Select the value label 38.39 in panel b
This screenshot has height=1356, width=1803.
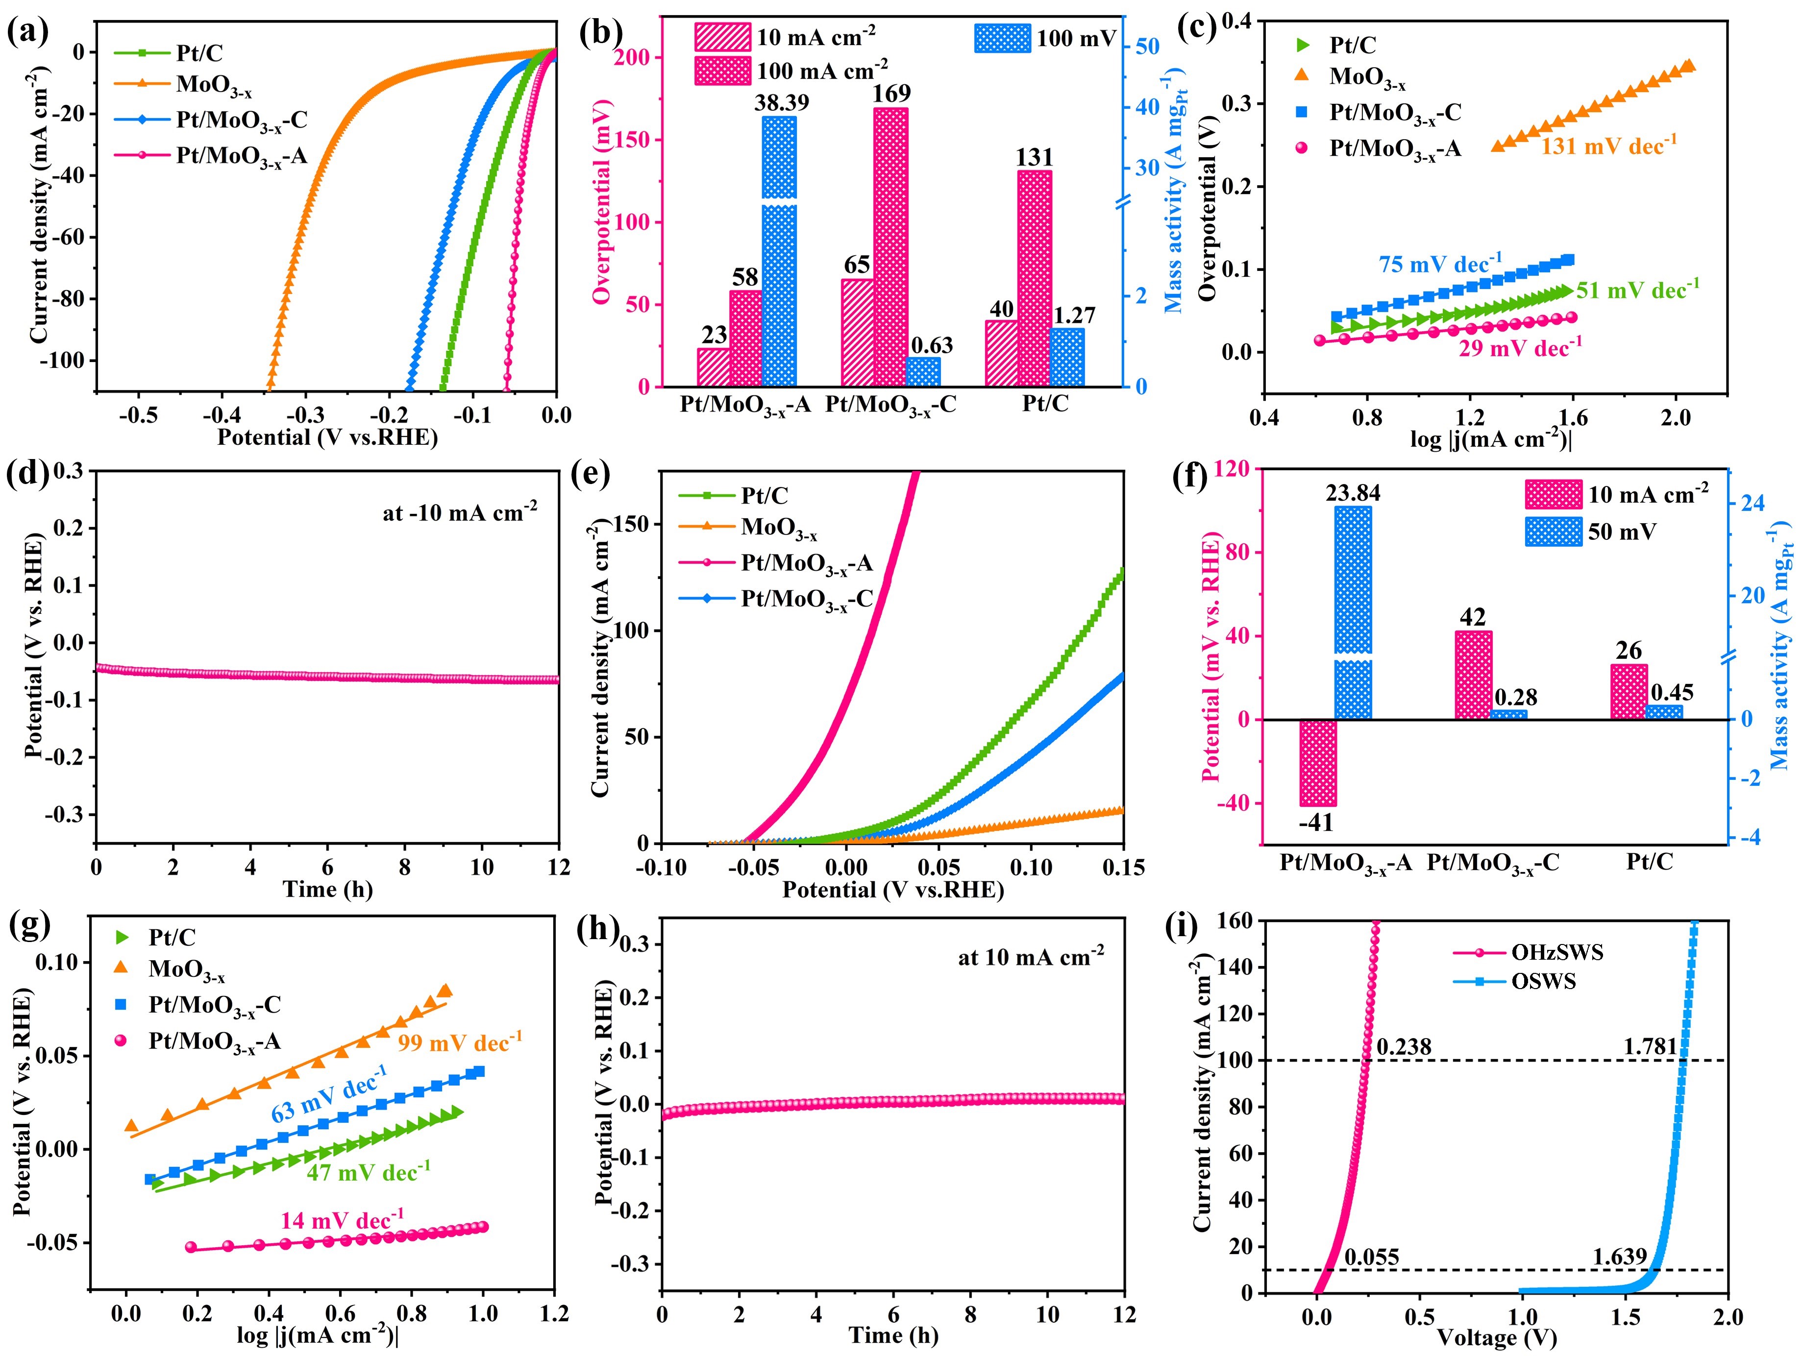(780, 103)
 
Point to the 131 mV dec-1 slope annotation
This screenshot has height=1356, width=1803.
(1608, 146)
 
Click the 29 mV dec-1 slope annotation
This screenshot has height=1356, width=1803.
(1520, 348)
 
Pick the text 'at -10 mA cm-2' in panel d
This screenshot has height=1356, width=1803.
(460, 512)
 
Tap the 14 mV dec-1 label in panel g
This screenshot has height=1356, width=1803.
(343, 1220)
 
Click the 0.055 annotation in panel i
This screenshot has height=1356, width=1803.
(1372, 1258)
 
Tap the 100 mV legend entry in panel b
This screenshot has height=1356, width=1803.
(1074, 38)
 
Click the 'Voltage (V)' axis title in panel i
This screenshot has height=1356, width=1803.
(1497, 1337)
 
